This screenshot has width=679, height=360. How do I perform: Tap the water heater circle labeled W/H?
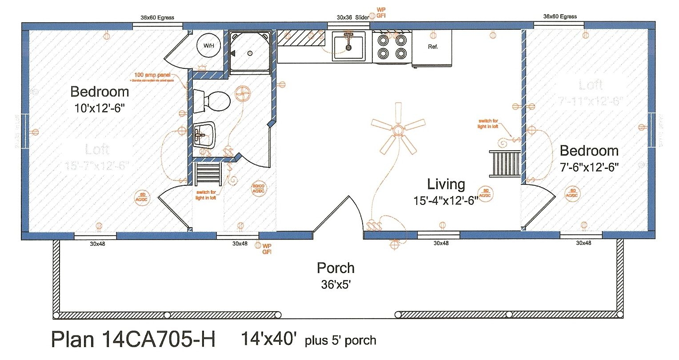click(209, 45)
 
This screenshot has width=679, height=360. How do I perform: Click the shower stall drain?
click(250, 53)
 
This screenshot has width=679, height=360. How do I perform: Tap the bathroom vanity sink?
click(204, 135)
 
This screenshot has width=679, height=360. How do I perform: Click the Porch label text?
click(336, 268)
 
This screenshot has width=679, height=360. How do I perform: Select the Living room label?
click(446, 184)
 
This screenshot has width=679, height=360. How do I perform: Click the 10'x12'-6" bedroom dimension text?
click(100, 108)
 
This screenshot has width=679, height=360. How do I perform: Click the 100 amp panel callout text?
click(152, 75)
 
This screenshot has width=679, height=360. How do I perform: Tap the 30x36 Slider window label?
click(352, 17)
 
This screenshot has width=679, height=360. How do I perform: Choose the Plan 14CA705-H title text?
click(133, 340)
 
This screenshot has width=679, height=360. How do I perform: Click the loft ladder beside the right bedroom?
click(505, 163)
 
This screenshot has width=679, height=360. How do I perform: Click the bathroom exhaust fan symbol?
click(244, 94)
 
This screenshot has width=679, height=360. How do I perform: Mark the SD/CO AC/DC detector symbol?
click(258, 189)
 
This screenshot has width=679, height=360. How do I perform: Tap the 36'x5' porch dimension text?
click(336, 284)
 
